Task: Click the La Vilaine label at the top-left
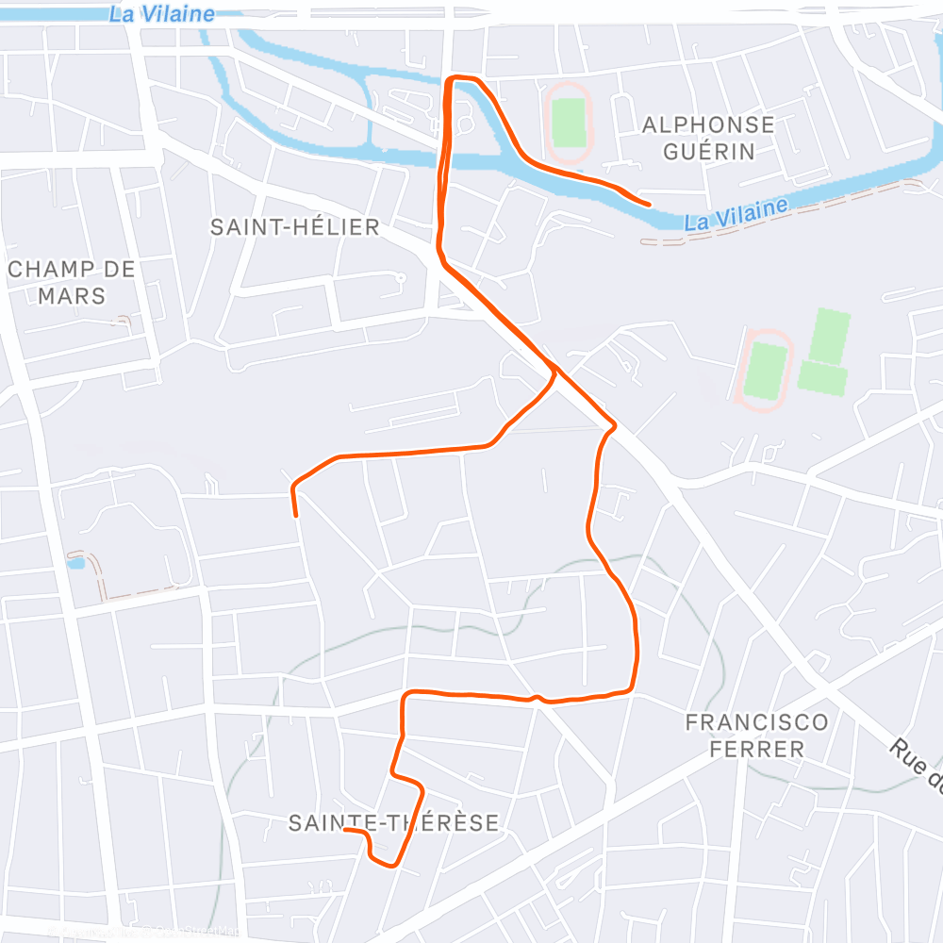tap(161, 14)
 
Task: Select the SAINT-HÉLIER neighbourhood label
tap(294, 227)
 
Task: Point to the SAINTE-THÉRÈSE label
tap(393, 823)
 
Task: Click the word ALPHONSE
tap(708, 124)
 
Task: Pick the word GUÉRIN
tap(708, 151)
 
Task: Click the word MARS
tap(72, 296)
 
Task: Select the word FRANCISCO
tap(757, 723)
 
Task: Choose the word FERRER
tap(757, 750)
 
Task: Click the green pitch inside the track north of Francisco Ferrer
tap(767, 372)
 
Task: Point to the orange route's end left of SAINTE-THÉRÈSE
tap(346, 830)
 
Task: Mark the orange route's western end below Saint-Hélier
tap(296, 515)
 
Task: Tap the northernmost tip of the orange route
tap(459, 77)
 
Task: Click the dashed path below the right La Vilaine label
tap(717, 236)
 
